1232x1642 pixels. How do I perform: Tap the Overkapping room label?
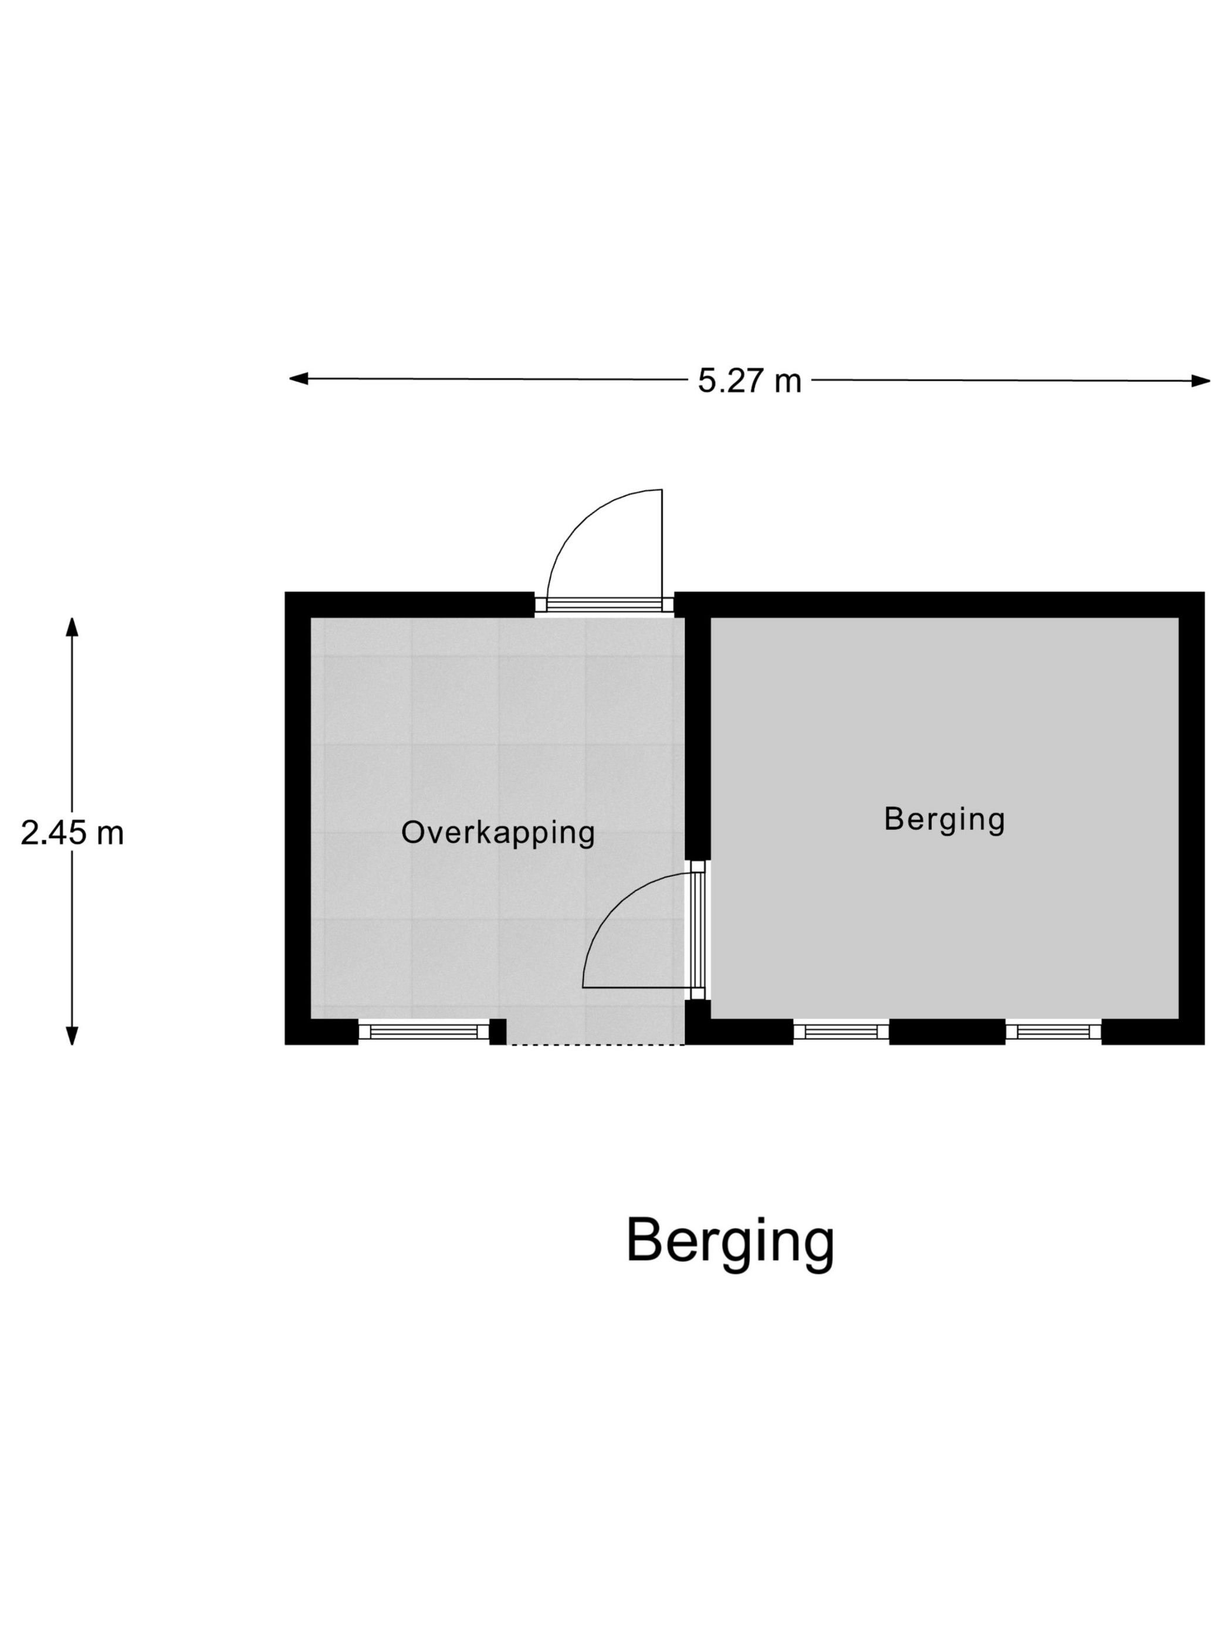tap(497, 832)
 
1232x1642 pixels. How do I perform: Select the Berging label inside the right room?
tap(944, 819)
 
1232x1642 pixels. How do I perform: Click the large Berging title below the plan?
tap(730, 1240)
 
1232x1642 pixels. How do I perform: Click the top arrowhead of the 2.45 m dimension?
tap(72, 628)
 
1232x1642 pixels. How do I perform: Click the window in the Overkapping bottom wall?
tap(424, 1031)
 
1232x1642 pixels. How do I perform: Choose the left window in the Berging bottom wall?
tap(841, 1031)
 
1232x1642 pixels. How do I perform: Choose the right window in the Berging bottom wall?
tap(1052, 1031)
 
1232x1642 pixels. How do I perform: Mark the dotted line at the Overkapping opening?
tap(595, 1044)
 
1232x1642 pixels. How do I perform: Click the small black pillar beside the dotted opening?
tap(497, 1031)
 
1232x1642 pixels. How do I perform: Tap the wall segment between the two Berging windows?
tap(946, 1031)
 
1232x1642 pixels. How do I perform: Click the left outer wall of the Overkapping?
tap(297, 816)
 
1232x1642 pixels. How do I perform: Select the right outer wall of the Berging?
tap(1190, 816)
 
